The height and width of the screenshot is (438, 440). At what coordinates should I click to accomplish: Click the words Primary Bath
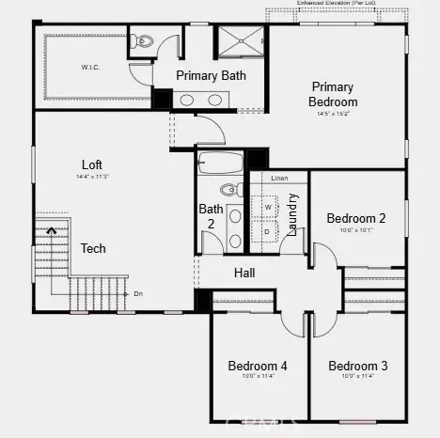212,76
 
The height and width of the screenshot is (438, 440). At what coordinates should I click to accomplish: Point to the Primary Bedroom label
334,94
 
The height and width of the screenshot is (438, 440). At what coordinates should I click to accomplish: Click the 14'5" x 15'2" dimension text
334,113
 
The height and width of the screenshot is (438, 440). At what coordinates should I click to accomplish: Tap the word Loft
91,164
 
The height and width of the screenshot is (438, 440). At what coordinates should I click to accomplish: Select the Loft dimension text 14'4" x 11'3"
91,177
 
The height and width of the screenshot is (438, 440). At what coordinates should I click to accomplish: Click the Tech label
93,249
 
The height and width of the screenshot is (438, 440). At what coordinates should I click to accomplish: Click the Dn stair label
138,293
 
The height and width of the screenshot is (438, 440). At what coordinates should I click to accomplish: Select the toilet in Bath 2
236,190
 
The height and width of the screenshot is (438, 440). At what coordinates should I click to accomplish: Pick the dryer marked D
267,230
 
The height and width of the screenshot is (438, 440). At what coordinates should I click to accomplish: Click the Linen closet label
279,178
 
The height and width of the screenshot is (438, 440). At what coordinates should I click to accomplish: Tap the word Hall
244,274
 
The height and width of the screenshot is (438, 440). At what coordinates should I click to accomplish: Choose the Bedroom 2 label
356,218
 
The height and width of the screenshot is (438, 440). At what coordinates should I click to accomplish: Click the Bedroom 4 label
257,366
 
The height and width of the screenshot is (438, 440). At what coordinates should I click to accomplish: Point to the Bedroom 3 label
357,366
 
